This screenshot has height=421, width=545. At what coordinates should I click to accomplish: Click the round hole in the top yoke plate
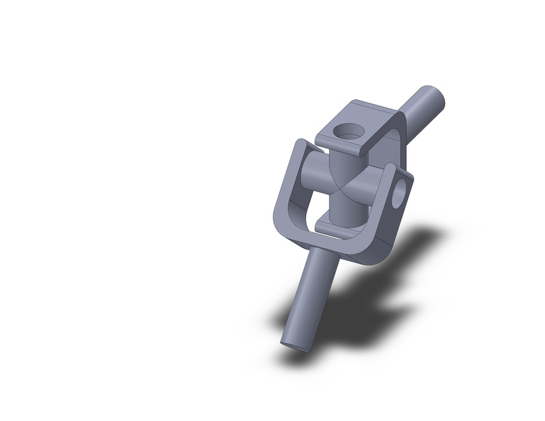[347, 132]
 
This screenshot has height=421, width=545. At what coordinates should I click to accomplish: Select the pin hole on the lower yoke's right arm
[399, 197]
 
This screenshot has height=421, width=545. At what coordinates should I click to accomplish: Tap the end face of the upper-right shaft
[433, 97]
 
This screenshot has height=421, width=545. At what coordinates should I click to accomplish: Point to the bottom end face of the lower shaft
[296, 343]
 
